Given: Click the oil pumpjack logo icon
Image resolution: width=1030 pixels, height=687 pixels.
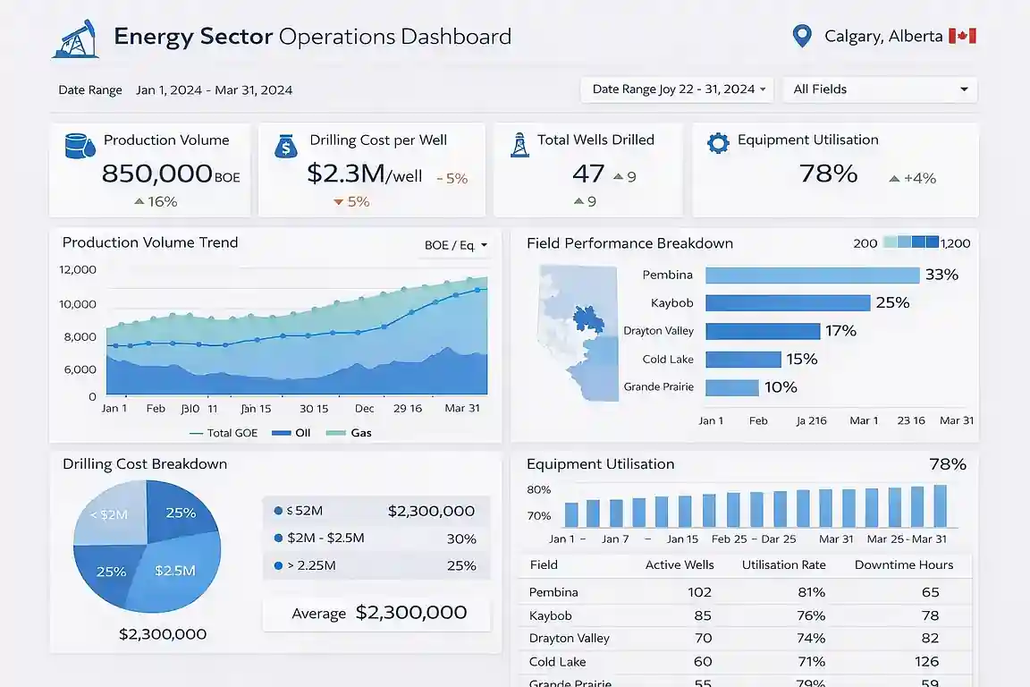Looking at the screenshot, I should pyautogui.click(x=75, y=38).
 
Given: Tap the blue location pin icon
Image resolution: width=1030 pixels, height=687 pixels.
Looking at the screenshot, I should pyautogui.click(x=801, y=37).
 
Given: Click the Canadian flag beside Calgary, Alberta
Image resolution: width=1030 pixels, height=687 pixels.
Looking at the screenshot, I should pyautogui.click(x=962, y=37).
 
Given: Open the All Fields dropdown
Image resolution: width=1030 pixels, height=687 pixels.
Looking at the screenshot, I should pyautogui.click(x=880, y=89).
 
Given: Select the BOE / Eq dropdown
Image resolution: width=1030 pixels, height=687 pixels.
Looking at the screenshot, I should pyautogui.click(x=455, y=245).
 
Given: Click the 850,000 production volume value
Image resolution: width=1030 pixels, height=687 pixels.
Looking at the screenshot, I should pyautogui.click(x=156, y=174).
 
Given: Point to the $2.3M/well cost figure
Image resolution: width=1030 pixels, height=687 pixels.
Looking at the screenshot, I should pyautogui.click(x=364, y=174).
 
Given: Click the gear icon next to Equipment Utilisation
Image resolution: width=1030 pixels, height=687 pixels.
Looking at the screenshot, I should pyautogui.click(x=717, y=143).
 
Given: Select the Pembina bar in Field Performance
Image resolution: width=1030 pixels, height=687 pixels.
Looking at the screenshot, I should pyautogui.click(x=812, y=275).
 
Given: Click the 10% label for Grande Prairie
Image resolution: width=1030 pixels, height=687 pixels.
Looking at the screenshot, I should pyautogui.click(x=781, y=387).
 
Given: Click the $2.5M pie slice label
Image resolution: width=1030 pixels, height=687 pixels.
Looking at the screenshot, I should pyautogui.click(x=174, y=571).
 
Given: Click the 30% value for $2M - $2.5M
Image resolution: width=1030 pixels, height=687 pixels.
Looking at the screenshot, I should pyautogui.click(x=460, y=539).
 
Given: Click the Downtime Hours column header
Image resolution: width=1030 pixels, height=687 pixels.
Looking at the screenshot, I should pyautogui.click(x=903, y=565).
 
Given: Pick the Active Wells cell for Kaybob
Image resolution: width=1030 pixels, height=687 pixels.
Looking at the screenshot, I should pyautogui.click(x=702, y=615).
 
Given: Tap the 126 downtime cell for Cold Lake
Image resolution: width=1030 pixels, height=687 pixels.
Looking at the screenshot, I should pyautogui.click(x=926, y=662).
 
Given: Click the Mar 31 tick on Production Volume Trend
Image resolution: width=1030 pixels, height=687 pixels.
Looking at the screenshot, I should pyautogui.click(x=462, y=408).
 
